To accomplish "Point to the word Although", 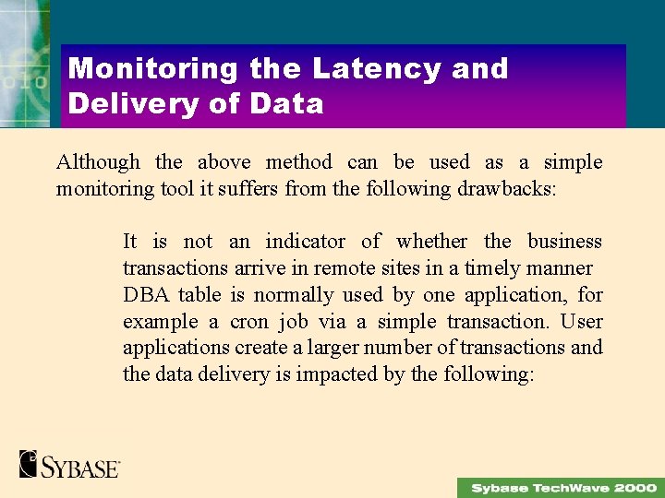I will point(98,162).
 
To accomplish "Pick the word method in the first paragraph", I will point(298,162).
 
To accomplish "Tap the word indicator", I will point(305,242).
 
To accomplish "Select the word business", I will point(564,242).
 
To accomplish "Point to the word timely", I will point(494,268).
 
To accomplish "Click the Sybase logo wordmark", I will point(80,465).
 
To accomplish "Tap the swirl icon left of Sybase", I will point(28,463).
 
